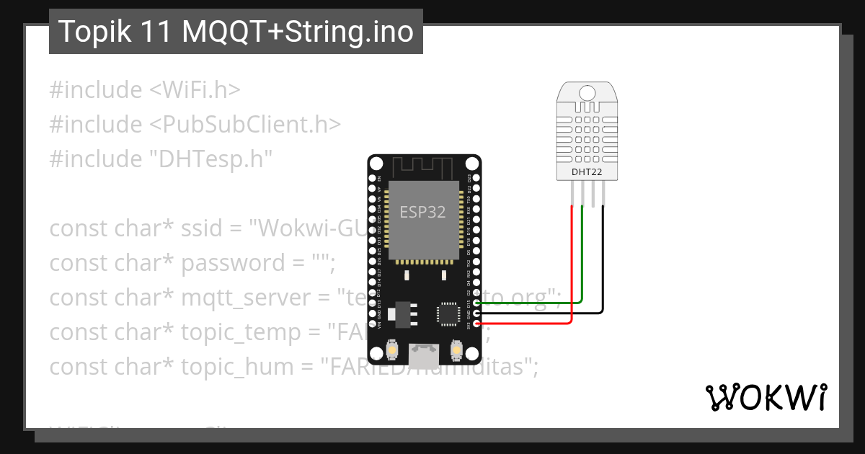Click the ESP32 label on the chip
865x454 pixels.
click(423, 212)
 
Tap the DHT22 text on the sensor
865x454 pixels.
click(587, 172)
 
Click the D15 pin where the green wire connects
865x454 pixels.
click(476, 303)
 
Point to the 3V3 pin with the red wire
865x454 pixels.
click(476, 324)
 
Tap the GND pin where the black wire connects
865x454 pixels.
click(476, 313)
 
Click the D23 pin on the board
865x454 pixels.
click(476, 177)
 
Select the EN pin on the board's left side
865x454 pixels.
click(373, 177)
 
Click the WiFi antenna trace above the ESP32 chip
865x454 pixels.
click(424, 167)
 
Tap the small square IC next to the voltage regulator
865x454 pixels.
click(447, 314)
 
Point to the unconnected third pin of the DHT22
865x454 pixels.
click(593, 194)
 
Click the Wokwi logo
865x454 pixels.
click(766, 397)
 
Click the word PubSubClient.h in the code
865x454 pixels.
click(244, 125)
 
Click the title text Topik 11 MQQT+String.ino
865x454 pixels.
click(236, 32)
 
